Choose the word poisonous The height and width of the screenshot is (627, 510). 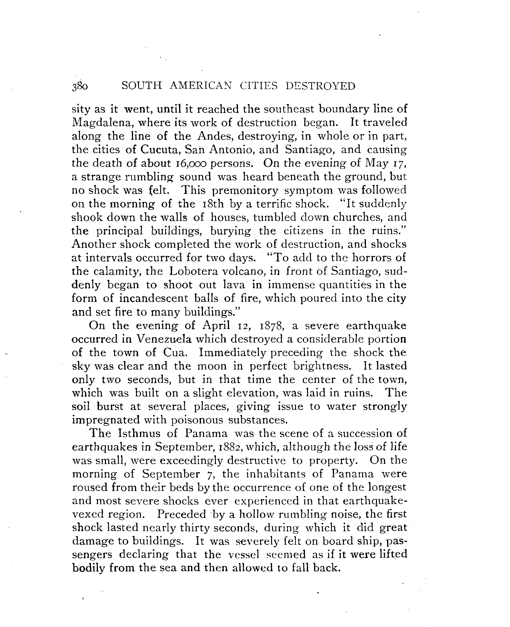coord(197,420)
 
